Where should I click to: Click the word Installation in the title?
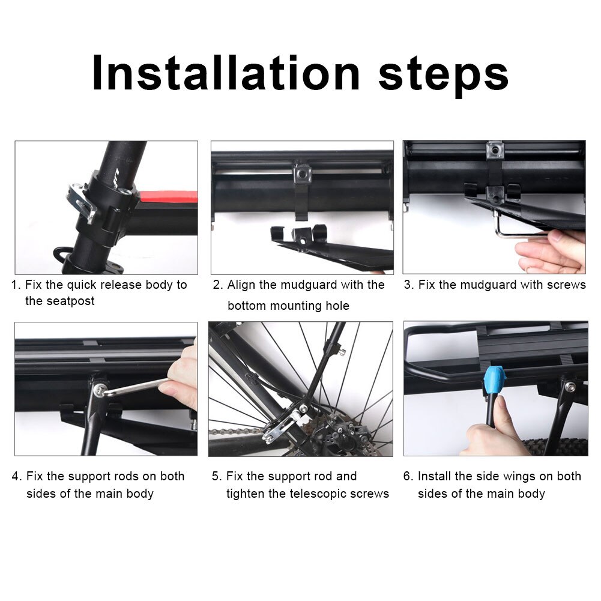[226, 73]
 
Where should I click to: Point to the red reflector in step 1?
[168, 197]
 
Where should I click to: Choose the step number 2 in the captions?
[217, 285]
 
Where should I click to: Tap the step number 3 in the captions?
[408, 285]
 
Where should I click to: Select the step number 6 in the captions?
[408, 476]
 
